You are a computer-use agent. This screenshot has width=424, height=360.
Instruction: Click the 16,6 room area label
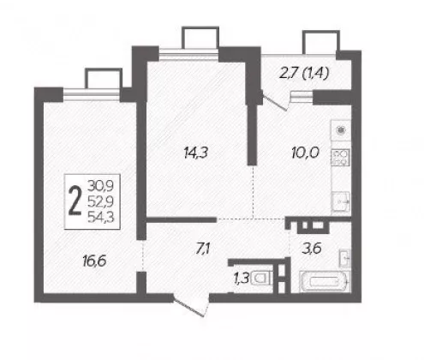click(94, 261)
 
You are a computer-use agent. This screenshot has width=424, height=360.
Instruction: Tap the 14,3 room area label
click(196, 153)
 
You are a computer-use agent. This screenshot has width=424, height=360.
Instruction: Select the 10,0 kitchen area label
click(305, 153)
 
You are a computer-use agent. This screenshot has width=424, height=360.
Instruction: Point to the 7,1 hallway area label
click(203, 249)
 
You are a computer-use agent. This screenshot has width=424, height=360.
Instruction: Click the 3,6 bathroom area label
click(312, 249)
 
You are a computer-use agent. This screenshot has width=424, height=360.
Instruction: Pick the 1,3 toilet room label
click(242, 278)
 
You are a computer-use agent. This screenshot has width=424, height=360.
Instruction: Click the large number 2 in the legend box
click(75, 201)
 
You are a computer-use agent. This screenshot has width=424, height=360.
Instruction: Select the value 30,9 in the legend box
click(100, 186)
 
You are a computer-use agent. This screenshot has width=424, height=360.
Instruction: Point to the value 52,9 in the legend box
click(100, 201)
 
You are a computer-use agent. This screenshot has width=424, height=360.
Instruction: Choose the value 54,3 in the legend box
click(100, 217)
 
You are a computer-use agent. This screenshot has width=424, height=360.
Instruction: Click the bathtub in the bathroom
click(325, 282)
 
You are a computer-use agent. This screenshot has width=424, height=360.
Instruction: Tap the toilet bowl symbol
click(260, 279)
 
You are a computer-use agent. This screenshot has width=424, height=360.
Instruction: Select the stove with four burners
click(340, 157)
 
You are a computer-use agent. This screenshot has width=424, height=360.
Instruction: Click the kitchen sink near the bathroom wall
click(341, 202)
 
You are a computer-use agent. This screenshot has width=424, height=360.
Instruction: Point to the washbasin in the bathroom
click(344, 258)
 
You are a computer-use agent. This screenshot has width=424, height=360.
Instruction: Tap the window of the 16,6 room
click(91, 94)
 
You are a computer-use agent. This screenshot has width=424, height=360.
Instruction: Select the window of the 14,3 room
click(188, 54)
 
